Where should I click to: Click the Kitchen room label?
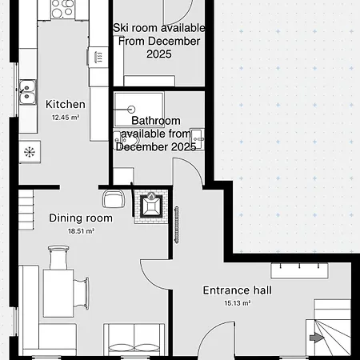point(66,104)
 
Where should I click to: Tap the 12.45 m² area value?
point(66,118)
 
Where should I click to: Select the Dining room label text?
point(81,218)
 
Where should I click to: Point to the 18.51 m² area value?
point(82,231)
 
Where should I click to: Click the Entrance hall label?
point(237,290)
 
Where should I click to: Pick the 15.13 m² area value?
point(238,304)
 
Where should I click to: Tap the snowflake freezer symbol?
point(30,151)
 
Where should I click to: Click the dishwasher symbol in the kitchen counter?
point(98,57)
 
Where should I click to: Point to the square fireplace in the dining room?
point(151,206)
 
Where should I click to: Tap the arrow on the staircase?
point(318,338)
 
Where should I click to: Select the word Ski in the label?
point(122,28)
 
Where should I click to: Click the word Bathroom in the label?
point(156,121)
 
